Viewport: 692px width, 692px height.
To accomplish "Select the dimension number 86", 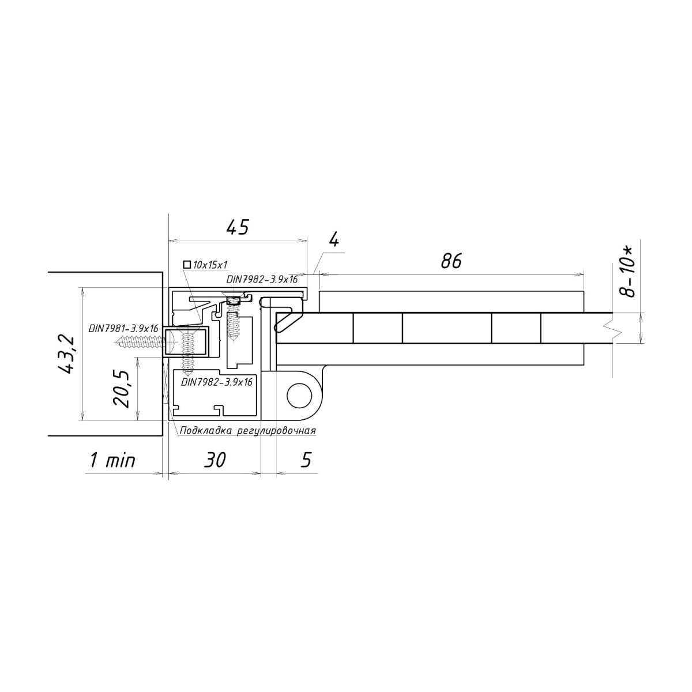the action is (x=451, y=261).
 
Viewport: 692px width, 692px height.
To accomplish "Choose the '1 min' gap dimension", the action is (x=113, y=460).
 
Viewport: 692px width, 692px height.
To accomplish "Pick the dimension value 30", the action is (x=215, y=460).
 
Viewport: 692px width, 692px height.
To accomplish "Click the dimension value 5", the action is (x=306, y=460).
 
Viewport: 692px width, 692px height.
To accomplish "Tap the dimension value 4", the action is (x=334, y=240).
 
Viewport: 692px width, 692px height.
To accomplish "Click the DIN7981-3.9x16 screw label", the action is (x=123, y=328).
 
